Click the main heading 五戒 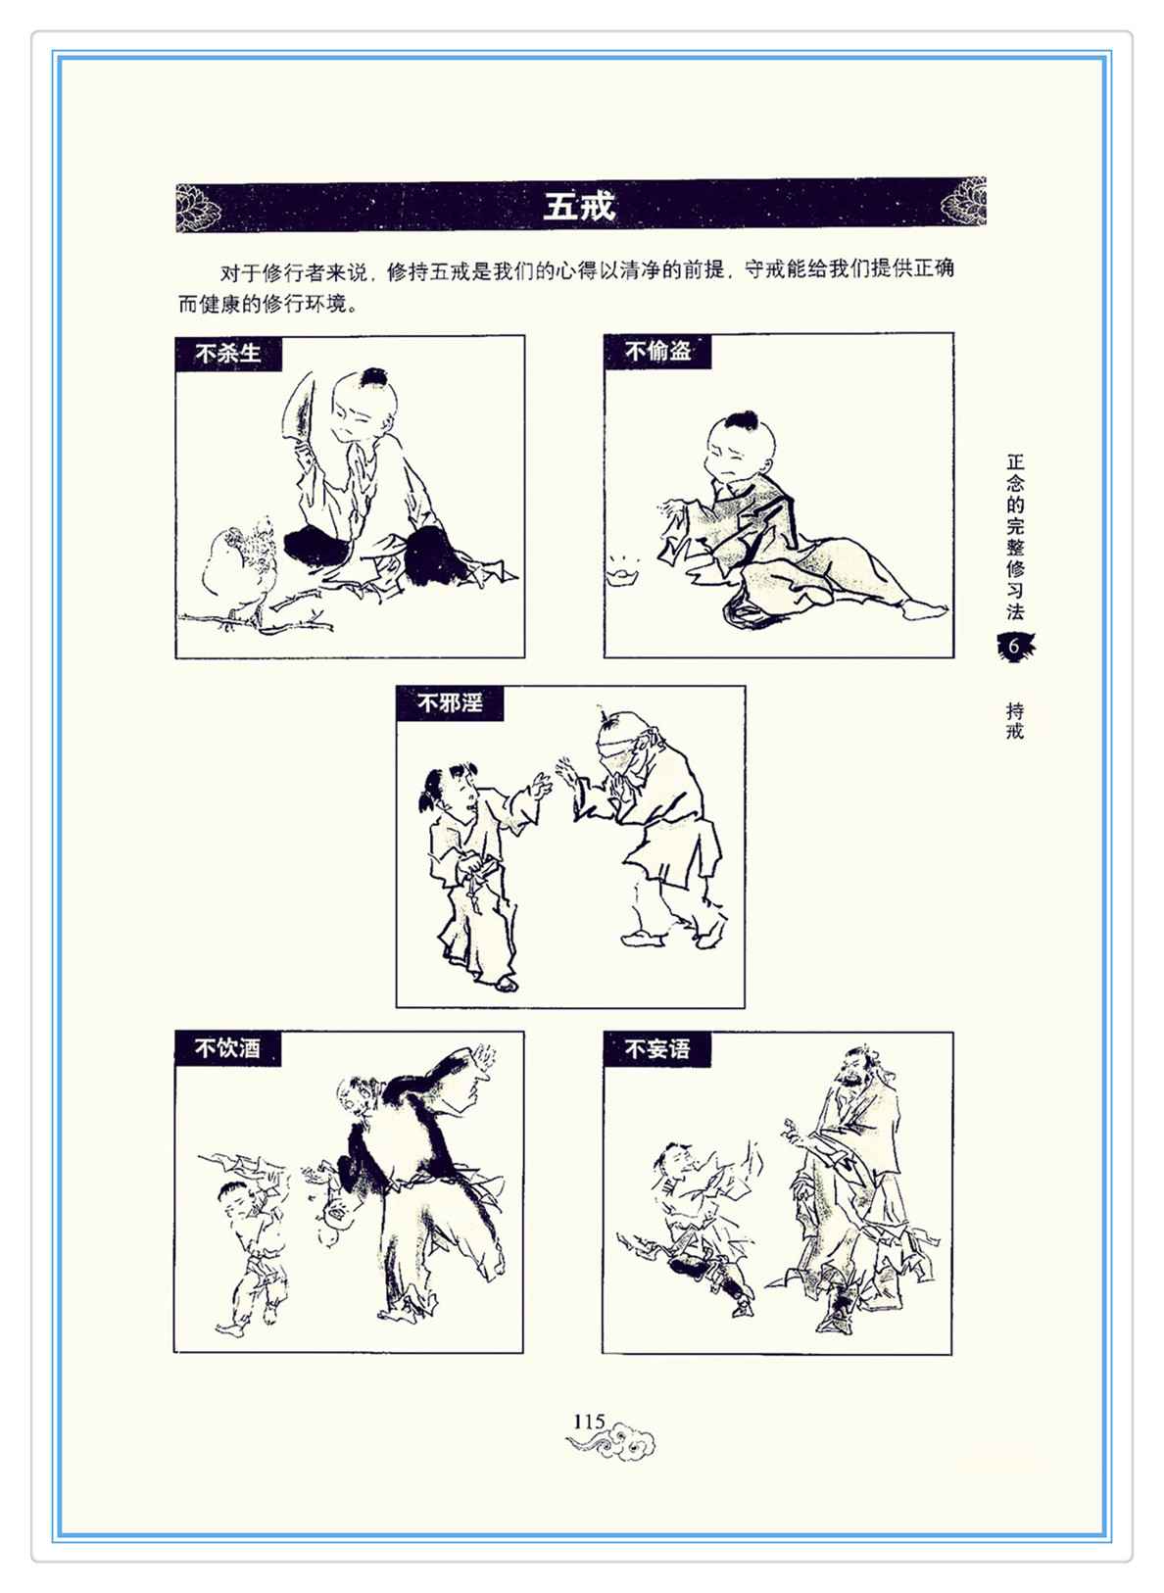tap(579, 207)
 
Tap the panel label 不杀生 tap(228, 354)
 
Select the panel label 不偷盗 tap(657, 351)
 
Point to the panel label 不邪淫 tap(450, 703)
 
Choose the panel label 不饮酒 tap(227, 1048)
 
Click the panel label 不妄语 tap(657, 1049)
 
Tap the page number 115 tap(589, 1421)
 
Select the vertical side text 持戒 tap(1015, 721)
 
